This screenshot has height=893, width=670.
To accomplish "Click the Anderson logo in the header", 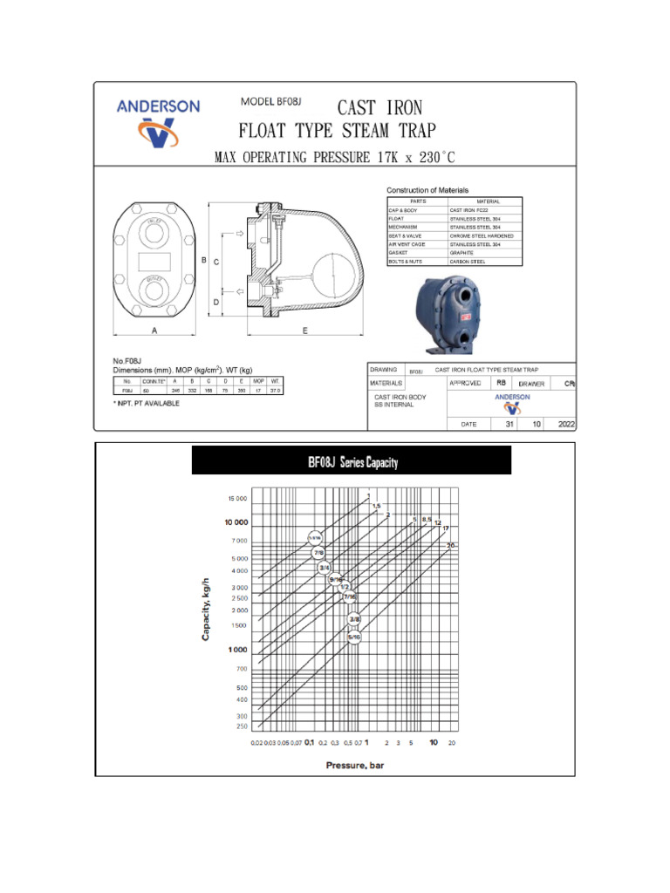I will (158, 121).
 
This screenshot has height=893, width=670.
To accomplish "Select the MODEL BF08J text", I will (270, 101).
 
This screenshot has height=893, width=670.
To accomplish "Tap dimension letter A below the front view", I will (154, 331).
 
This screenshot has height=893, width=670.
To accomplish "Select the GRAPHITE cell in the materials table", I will (461, 253).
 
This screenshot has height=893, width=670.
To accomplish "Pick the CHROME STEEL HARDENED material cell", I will (482, 235).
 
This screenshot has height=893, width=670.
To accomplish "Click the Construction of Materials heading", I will (427, 190).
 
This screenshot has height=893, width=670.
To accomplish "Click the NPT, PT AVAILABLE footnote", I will (147, 403).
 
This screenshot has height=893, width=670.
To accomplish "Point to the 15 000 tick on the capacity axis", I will (237, 500).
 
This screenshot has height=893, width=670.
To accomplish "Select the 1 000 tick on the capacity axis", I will (237, 650).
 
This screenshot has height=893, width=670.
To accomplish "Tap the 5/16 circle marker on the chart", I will (354, 637).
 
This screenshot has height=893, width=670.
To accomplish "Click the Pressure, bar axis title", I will (354, 766).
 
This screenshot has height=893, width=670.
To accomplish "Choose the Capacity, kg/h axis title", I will (207, 608).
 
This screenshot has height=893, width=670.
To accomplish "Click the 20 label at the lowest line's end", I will (452, 545).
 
